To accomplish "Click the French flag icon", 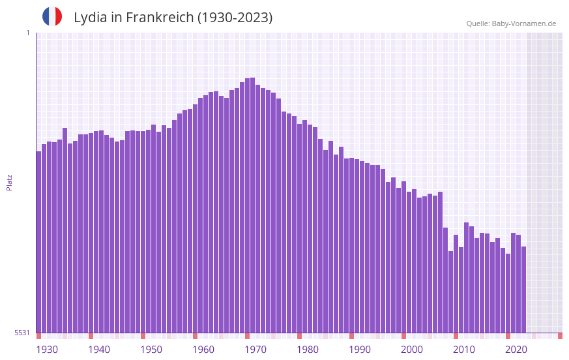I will tap(52, 16).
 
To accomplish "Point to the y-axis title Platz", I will tap(9, 182).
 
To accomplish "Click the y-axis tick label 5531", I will tap(22, 333).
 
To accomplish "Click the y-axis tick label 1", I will tap(27, 33).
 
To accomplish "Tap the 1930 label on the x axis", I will tap(47, 350).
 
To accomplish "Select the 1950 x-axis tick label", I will tap(151, 350).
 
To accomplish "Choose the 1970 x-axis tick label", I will tap(255, 350).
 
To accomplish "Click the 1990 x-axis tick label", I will tap(360, 350).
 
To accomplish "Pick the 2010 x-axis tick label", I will tap(464, 350).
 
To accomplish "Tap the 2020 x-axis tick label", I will tap(516, 350).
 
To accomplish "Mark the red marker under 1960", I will tap(195, 336).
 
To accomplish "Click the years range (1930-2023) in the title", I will tap(235, 18).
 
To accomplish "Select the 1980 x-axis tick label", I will tap(308, 350).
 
